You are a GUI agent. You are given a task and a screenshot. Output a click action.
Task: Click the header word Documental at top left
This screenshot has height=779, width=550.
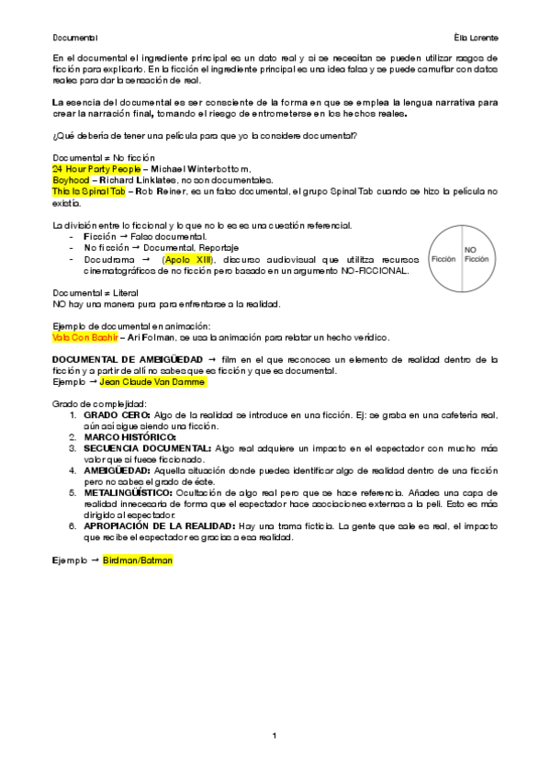click(x=74, y=38)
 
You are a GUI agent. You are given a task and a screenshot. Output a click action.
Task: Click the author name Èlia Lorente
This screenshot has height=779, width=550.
click(x=475, y=38)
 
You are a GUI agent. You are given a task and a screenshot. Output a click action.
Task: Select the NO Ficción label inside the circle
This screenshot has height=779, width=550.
click(x=475, y=254)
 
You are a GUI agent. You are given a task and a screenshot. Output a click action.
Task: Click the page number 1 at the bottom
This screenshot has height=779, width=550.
click(x=275, y=736)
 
